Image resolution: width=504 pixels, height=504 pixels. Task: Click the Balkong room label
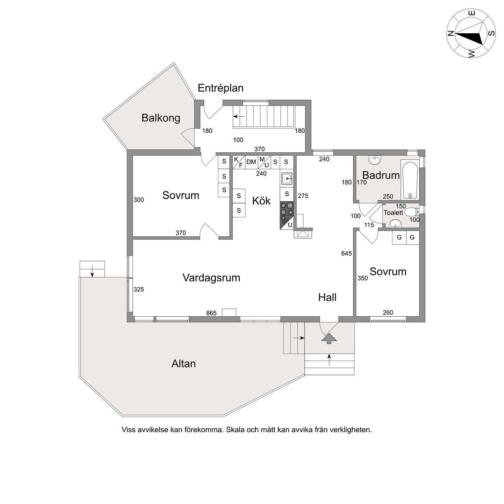click(161, 118)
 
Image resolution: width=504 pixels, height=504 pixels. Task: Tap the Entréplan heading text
click(220, 88)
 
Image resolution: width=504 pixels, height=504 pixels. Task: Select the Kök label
click(261, 201)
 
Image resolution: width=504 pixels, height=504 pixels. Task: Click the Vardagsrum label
click(211, 278)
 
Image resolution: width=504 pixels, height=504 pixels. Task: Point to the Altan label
click(184, 364)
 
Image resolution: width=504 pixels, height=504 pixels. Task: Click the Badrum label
click(381, 175)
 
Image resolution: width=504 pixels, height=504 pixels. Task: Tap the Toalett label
click(393, 213)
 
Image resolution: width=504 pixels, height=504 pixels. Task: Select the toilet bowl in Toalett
click(412, 212)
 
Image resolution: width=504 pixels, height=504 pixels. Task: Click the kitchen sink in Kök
click(287, 178)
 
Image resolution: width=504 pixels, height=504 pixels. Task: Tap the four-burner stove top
click(287, 208)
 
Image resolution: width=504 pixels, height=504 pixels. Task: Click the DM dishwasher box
click(252, 162)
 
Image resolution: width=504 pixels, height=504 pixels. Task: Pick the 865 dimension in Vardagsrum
click(211, 313)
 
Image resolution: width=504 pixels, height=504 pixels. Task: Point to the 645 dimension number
click(346, 253)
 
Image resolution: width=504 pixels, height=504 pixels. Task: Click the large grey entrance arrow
click(329, 339)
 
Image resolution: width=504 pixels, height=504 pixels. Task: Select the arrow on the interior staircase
click(239, 116)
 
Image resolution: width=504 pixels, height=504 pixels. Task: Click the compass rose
click(471, 33)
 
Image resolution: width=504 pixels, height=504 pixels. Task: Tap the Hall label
click(327, 297)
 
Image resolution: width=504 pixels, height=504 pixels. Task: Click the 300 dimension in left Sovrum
click(139, 199)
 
